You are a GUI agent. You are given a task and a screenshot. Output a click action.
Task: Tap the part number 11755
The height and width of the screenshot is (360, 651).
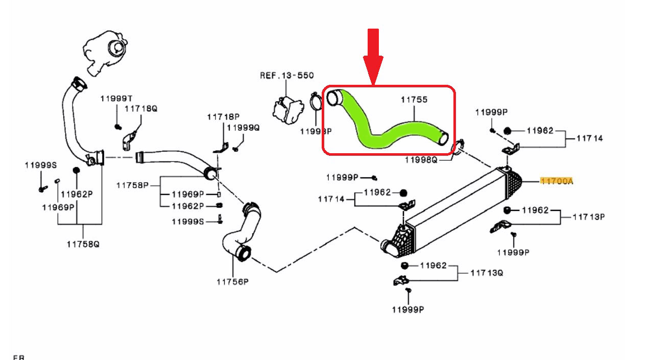click(414, 100)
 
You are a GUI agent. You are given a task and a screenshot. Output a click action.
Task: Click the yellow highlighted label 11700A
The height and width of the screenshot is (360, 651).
click(557, 181)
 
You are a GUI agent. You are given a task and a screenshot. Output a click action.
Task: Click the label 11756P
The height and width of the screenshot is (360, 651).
click(232, 281)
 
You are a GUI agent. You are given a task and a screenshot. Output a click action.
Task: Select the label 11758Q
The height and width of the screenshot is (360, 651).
click(83, 244)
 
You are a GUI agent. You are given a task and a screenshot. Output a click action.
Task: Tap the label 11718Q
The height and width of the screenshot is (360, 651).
click(141, 108)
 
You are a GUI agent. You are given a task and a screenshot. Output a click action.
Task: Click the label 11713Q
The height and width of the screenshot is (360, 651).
click(487, 273)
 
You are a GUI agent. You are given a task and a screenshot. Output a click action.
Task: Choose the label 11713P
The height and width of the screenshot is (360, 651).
click(588, 217)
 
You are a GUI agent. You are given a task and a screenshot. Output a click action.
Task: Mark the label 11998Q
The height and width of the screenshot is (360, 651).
click(421, 160)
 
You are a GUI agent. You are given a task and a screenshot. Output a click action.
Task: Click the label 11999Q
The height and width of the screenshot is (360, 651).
click(244, 128)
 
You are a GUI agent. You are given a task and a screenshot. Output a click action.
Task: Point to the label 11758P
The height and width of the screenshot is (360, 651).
click(132, 185)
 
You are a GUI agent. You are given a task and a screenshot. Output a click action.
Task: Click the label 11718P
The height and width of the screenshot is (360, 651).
click(223, 117)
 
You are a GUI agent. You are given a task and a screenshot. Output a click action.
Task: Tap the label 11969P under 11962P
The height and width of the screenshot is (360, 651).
click(58, 207)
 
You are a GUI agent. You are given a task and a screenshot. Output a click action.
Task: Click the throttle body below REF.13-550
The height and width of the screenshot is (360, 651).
click(286, 108)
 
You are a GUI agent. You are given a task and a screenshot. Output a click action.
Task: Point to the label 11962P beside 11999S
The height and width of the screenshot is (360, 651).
click(77, 194)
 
